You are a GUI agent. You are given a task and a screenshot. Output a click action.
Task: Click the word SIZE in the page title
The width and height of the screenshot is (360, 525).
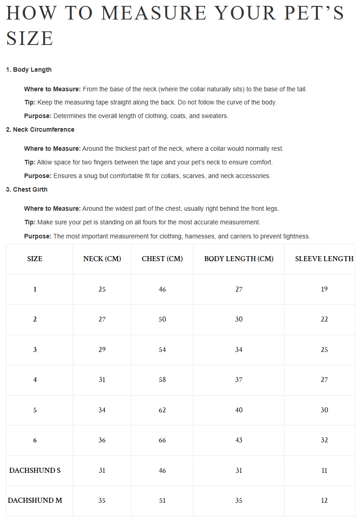[30, 38]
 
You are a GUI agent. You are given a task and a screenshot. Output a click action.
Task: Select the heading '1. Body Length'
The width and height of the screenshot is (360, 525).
[29, 69]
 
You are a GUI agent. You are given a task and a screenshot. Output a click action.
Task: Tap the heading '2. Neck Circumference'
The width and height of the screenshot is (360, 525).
[40, 129]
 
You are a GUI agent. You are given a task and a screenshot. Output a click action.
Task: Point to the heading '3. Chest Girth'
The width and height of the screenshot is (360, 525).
[26, 189]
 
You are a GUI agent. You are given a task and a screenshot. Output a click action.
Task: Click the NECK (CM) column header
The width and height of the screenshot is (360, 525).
[102, 259]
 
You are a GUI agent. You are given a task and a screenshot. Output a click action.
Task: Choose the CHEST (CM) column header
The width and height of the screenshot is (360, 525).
[162, 259]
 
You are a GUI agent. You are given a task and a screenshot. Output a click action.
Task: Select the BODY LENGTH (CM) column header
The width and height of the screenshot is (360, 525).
[239, 259]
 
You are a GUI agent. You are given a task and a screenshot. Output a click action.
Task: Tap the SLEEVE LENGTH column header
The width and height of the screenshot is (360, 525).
[324, 259]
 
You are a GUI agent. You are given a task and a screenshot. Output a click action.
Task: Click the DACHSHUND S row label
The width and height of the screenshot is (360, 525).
[35, 471]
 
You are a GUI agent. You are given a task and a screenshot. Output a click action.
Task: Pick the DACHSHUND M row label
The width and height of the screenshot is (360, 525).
[35, 500]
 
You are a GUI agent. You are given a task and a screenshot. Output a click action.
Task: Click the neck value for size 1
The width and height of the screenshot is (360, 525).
[102, 289]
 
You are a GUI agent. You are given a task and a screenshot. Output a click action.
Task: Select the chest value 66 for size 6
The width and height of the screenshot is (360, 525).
[162, 440]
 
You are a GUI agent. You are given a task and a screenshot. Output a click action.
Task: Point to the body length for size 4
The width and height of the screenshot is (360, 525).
[239, 380]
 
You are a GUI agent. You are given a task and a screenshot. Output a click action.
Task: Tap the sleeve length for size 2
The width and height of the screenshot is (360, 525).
[324, 319]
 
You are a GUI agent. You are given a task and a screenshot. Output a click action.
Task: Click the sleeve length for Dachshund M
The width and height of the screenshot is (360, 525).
[324, 500]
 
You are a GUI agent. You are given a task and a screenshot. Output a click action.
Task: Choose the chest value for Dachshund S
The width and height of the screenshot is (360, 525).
[162, 471]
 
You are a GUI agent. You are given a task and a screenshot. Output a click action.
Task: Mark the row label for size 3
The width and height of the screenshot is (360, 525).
[35, 350]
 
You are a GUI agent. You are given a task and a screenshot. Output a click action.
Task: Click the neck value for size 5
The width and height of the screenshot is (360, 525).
[102, 410]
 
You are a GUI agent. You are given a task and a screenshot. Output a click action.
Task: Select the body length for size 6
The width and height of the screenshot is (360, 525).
[239, 440]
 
